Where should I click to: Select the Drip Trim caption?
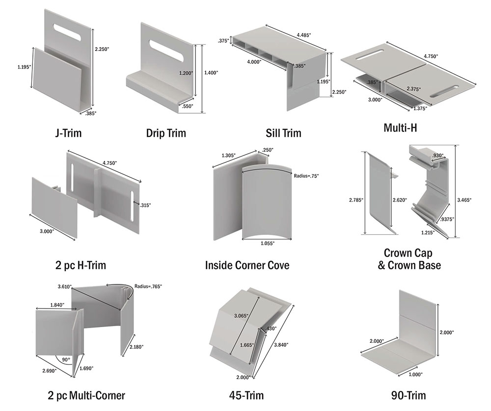pyautogui.click(x=166, y=133)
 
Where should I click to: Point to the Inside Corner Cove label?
pyautogui.click(x=247, y=266)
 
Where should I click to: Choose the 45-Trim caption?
pyautogui.click(x=246, y=395)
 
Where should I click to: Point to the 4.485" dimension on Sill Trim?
pyautogui.click(x=305, y=35)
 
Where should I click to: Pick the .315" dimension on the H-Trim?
pyautogui.click(x=145, y=205)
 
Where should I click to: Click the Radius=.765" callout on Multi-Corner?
pyautogui.click(x=148, y=286)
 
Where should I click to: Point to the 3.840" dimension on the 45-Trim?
pyautogui.click(x=281, y=345)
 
